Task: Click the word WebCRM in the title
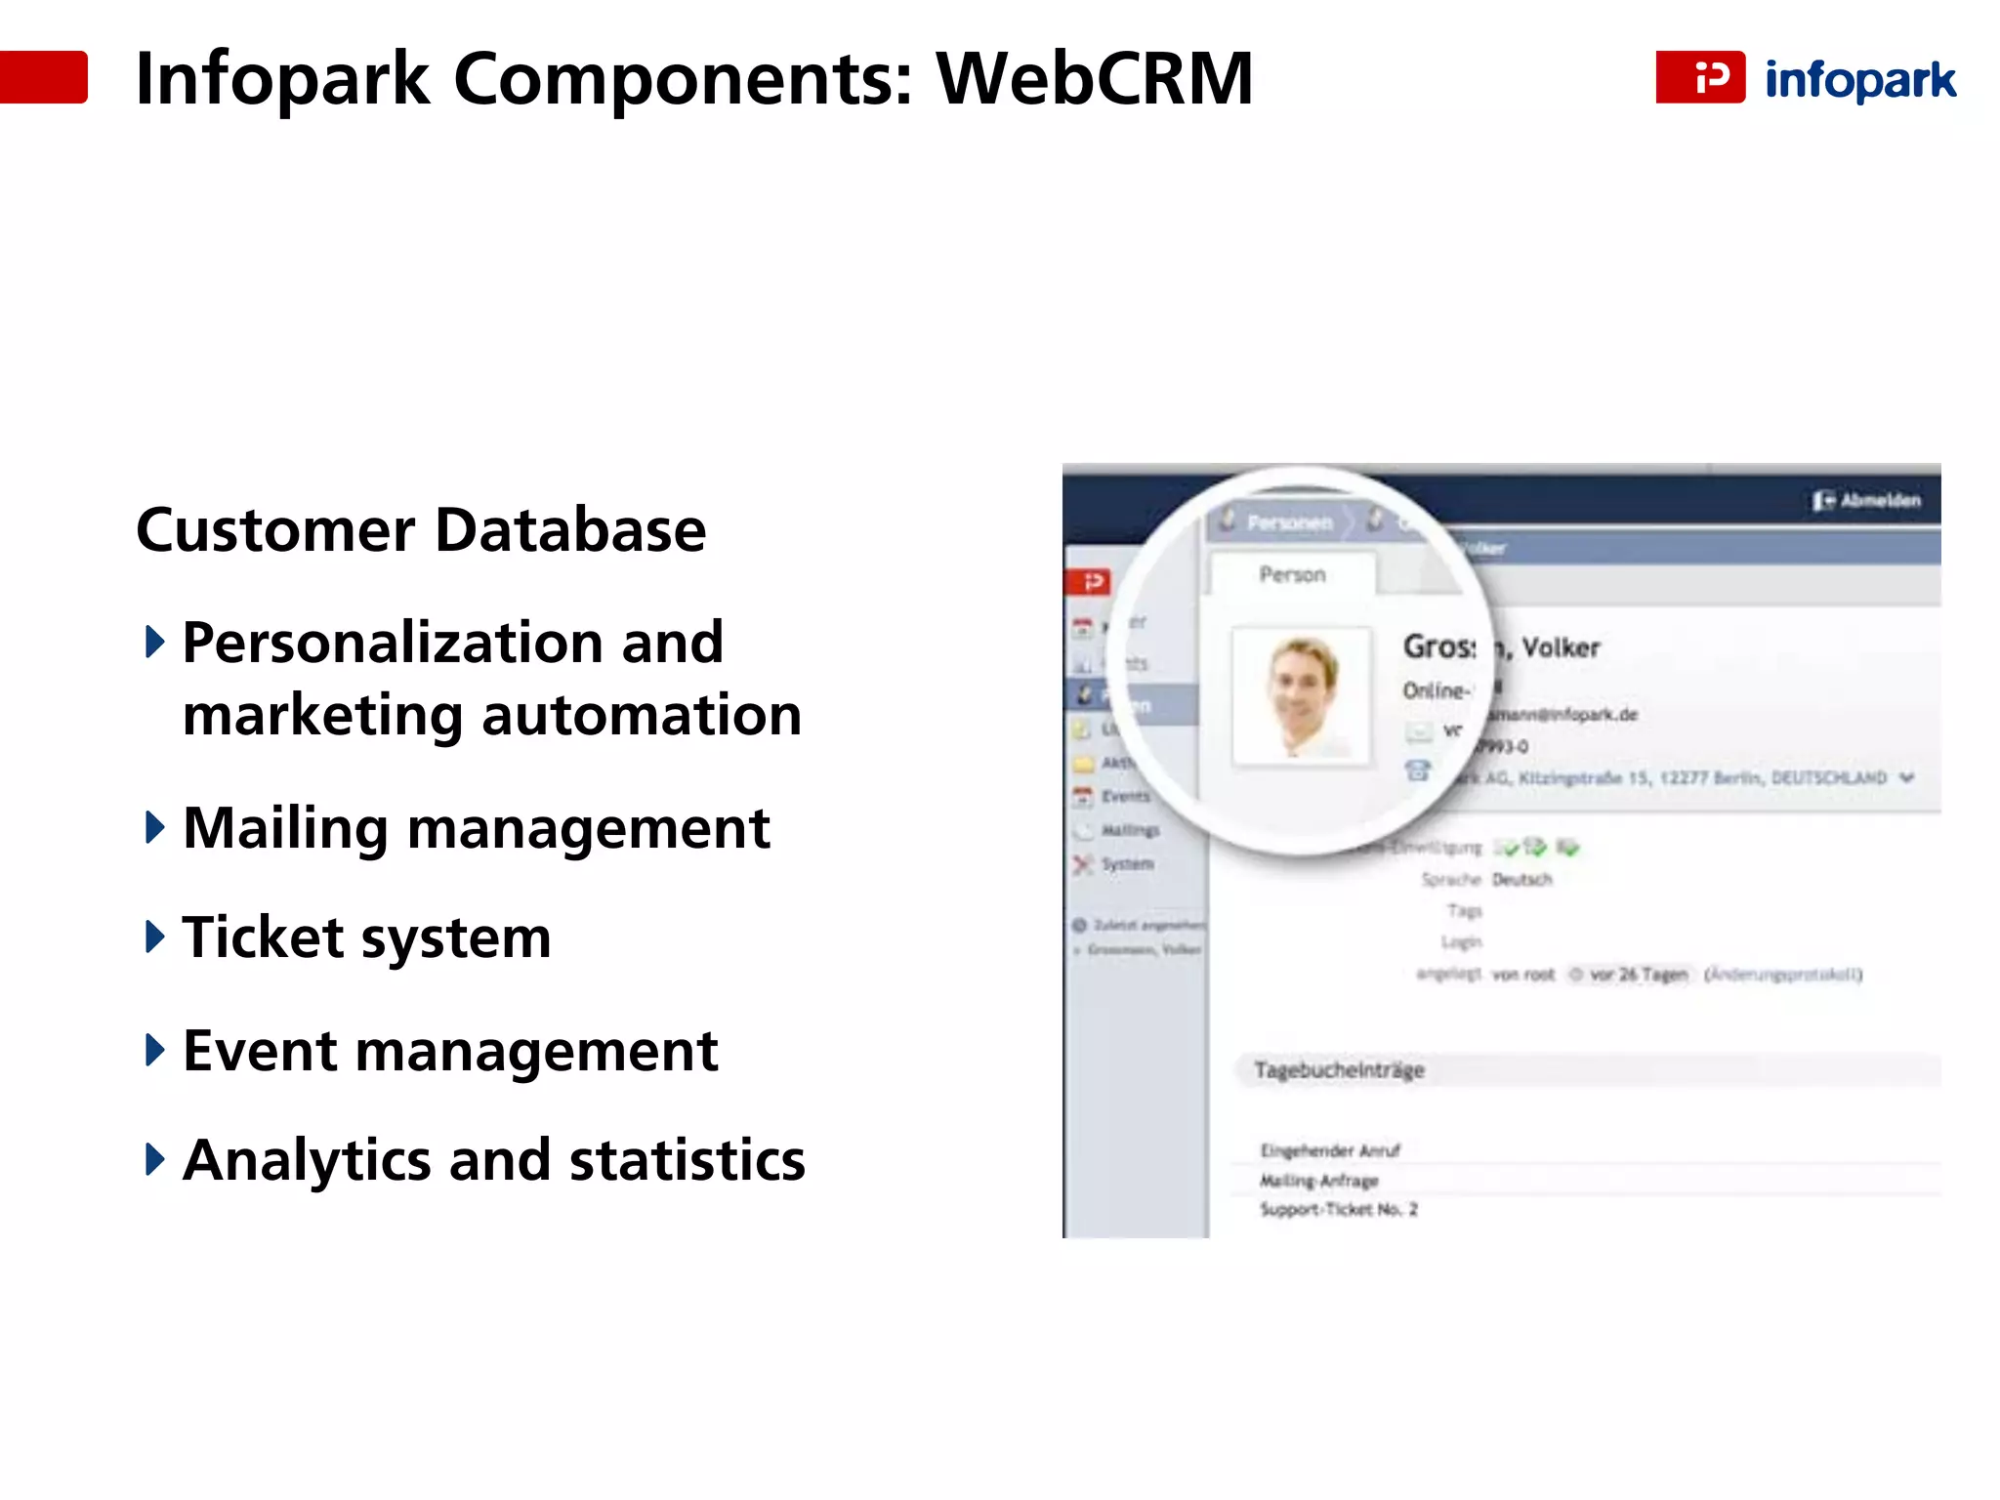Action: pyautogui.click(x=1094, y=78)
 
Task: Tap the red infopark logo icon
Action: pyautogui.click(x=1700, y=77)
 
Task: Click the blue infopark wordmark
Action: pyautogui.click(x=1860, y=80)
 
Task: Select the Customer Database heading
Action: pyautogui.click(x=421, y=530)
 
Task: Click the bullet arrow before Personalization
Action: pyautogui.click(x=154, y=643)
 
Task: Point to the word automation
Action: pyautogui.click(x=642, y=715)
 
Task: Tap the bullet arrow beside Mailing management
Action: pyautogui.click(x=154, y=827)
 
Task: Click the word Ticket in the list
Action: pyautogui.click(x=263, y=937)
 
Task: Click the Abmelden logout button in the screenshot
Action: pyautogui.click(x=1867, y=501)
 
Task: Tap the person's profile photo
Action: pyautogui.click(x=1302, y=696)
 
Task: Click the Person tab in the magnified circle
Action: pyautogui.click(x=1292, y=575)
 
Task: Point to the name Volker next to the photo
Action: pyautogui.click(x=1561, y=647)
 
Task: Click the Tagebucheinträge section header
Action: pyautogui.click(x=1339, y=1070)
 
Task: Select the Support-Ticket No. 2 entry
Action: pyautogui.click(x=1338, y=1210)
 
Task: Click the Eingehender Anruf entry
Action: pyautogui.click(x=1330, y=1150)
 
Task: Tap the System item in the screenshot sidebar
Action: pyautogui.click(x=1127, y=864)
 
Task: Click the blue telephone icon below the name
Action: pyautogui.click(x=1418, y=771)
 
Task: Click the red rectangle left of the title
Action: pyautogui.click(x=44, y=77)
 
